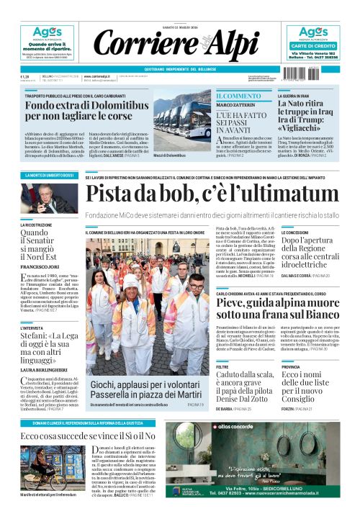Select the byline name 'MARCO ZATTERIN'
235,105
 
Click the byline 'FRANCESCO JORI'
38,266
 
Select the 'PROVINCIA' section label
292,366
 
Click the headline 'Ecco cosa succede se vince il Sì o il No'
88,436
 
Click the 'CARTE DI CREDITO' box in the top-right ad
312,45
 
